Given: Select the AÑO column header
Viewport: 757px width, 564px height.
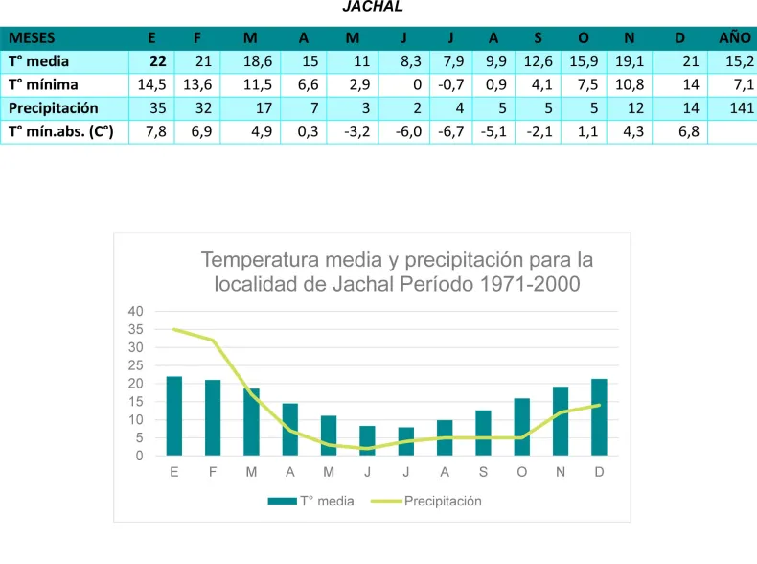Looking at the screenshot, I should pos(735,38).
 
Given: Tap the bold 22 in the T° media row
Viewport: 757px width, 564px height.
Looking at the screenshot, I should pos(158,61).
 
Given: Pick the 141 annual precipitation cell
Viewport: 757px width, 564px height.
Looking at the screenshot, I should pos(741,107).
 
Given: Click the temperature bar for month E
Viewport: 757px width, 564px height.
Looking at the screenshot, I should pos(174,415).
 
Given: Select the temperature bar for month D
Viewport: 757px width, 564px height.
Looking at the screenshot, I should pos(600,417).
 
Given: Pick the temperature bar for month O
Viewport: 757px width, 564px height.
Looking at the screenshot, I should pos(522,427).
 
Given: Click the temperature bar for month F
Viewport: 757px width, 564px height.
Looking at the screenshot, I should pos(213,417).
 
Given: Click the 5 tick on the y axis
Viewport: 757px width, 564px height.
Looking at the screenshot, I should pos(139,438).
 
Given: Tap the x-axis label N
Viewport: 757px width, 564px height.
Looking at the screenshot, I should pos(561,472).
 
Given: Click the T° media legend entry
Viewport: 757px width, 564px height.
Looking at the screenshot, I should pos(312,501).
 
